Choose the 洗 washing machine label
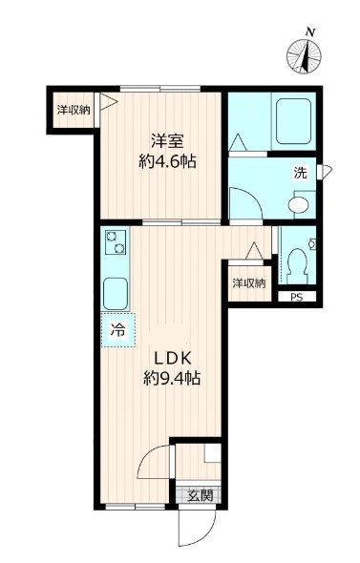(x=300, y=174)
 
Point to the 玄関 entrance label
(x=200, y=495)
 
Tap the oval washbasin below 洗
(x=300, y=203)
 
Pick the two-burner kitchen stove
(x=116, y=242)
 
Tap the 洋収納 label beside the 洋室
(x=73, y=110)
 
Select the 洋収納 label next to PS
(x=250, y=282)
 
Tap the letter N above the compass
(x=309, y=32)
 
